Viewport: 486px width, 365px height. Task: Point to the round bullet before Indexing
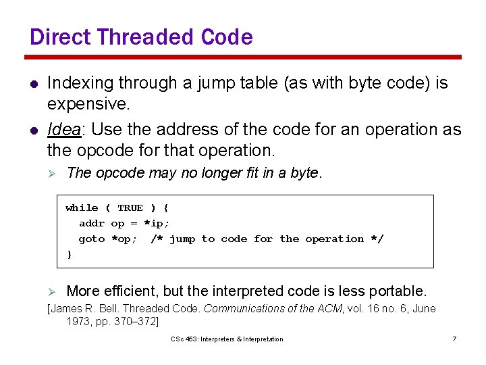[31, 84]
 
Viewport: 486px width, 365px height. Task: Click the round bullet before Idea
[31, 130]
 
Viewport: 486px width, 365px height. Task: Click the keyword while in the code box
[81, 208]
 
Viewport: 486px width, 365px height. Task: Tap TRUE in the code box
[130, 208]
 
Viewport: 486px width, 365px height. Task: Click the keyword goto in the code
[91, 239]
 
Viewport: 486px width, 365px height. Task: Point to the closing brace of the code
[69, 255]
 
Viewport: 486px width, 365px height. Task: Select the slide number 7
[454, 339]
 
